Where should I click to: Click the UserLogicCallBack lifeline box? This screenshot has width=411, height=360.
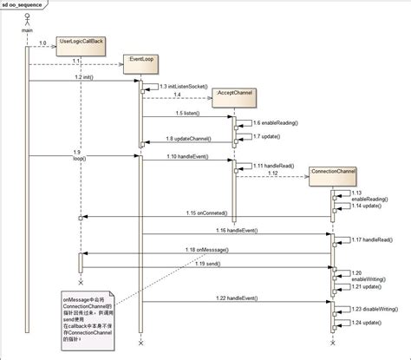82,41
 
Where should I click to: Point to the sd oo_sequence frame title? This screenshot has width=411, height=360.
27,5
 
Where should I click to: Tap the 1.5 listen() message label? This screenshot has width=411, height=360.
186,114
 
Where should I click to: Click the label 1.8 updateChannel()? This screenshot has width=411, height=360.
186,139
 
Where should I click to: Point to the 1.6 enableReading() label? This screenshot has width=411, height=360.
275,124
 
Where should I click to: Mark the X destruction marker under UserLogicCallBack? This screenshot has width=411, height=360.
81,283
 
